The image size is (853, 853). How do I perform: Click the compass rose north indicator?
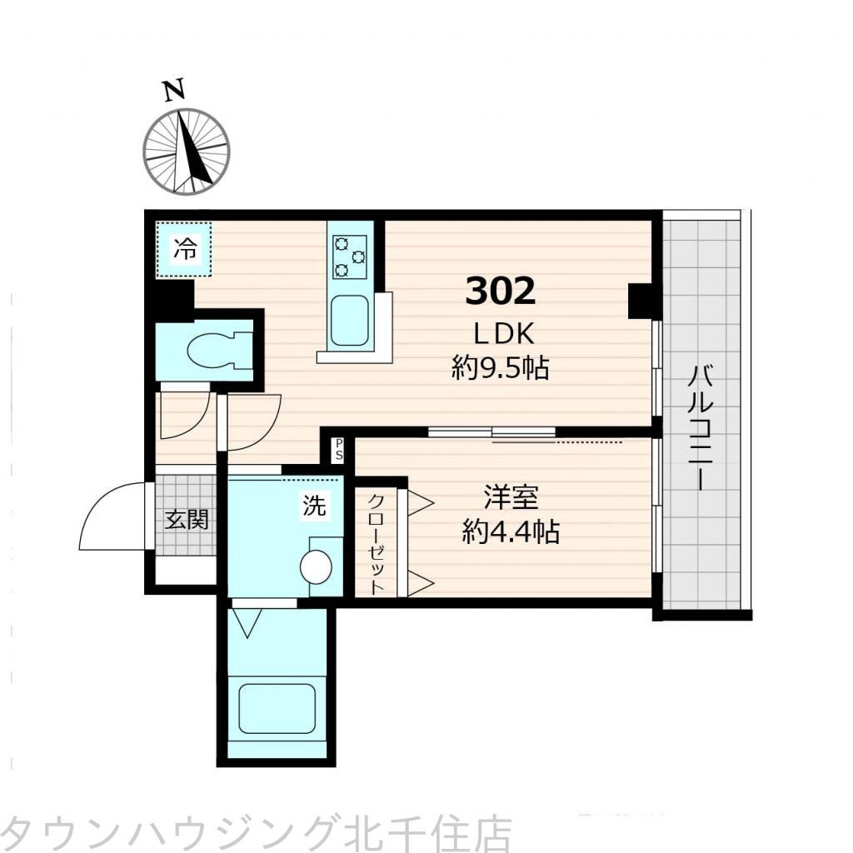(186, 151)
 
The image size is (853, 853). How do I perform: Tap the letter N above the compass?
(173, 91)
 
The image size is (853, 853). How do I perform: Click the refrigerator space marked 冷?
(185, 249)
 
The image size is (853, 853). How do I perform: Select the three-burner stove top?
(350, 257)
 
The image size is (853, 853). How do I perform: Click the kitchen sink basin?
(352, 321)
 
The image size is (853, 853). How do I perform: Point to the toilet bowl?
(218, 350)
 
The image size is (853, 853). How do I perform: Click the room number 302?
(500, 291)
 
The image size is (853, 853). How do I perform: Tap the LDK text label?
(503, 333)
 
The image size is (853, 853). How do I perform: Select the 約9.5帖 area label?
(501, 367)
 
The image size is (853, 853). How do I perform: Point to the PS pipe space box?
(339, 451)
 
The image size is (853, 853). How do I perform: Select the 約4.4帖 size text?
(511, 531)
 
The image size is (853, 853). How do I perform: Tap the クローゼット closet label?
(377, 542)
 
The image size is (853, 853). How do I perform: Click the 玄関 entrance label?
(185, 520)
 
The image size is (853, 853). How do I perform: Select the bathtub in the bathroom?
(277, 708)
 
